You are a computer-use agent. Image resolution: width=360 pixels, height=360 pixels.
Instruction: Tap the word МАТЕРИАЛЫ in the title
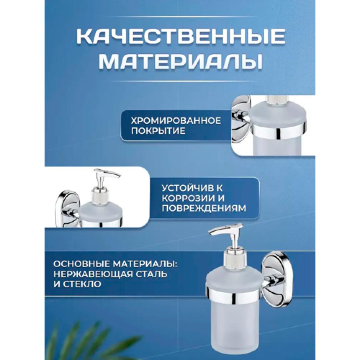pos(181,63)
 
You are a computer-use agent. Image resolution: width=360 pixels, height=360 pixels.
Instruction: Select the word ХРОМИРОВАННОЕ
pos(176,121)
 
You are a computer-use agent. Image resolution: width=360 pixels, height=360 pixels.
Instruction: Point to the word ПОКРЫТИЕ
pos(158,131)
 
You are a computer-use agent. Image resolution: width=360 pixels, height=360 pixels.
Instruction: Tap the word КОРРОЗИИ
pos(188,199)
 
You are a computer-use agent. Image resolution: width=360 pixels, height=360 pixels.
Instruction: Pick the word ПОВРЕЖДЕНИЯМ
pos(204,209)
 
